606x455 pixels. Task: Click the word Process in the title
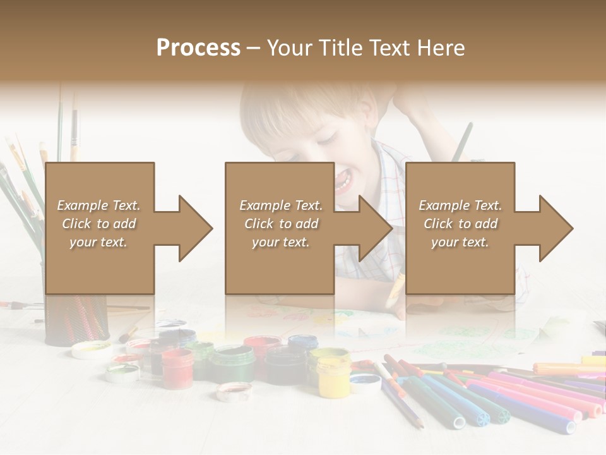tap(198, 48)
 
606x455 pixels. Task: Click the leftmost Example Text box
tap(99, 227)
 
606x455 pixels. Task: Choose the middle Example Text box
tap(280, 227)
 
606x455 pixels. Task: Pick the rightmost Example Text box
tap(460, 227)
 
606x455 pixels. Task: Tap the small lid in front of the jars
tap(234, 392)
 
